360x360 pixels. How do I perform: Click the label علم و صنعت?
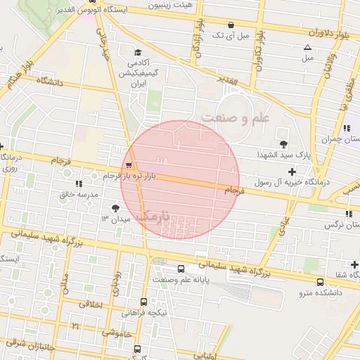(x=235, y=118)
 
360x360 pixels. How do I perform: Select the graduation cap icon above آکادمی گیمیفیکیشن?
(x=137, y=52)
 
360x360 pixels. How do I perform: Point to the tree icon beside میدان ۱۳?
(x=115, y=207)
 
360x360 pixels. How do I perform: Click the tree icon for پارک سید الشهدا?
(x=284, y=134)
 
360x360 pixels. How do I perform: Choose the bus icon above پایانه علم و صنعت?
(x=181, y=269)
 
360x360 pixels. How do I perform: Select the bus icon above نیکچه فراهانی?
(x=143, y=302)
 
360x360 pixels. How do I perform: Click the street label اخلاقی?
(x=91, y=305)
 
